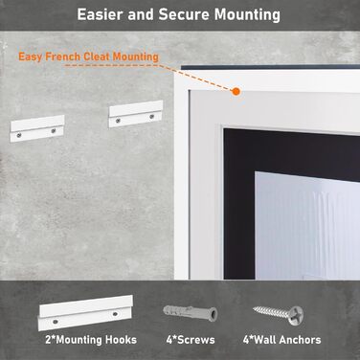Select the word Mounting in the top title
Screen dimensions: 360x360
[247, 15]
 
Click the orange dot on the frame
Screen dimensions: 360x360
[236, 92]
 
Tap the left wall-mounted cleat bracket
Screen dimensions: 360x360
[37, 128]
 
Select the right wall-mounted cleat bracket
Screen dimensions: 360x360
[136, 114]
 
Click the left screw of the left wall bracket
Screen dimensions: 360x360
[20, 135]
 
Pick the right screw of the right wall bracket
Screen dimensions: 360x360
[151, 117]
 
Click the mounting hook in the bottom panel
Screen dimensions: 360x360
[85, 312]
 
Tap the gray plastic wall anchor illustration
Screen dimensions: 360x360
[191, 312]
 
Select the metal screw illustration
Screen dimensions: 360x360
[278, 314]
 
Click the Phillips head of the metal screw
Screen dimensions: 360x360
[296, 315]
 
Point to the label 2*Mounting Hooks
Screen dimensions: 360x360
[91, 340]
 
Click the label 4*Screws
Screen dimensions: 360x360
[191, 340]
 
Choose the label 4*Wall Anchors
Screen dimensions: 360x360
[282, 340]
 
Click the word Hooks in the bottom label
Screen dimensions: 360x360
[122, 340]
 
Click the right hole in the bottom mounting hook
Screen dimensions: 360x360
[115, 314]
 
